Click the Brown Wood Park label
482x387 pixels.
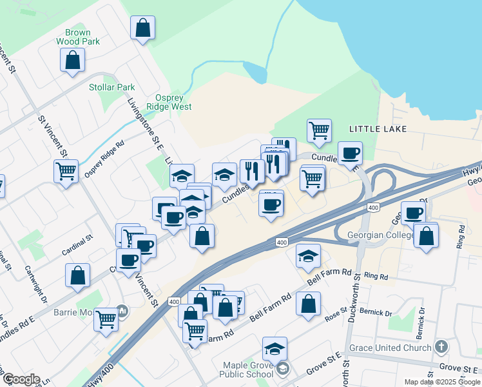[x=77, y=37]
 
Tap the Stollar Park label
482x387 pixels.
[x=112, y=87]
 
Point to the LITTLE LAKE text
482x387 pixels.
[x=378, y=129]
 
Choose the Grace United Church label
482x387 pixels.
[x=390, y=348]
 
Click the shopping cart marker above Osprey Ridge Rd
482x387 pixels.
[x=66, y=172]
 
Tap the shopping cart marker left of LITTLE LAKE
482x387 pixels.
[x=319, y=131]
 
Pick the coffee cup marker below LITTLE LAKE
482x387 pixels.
[x=350, y=154]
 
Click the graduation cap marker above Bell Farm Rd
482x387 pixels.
[x=308, y=256]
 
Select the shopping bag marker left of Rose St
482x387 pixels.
[x=309, y=303]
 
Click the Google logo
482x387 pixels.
[x=21, y=379]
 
